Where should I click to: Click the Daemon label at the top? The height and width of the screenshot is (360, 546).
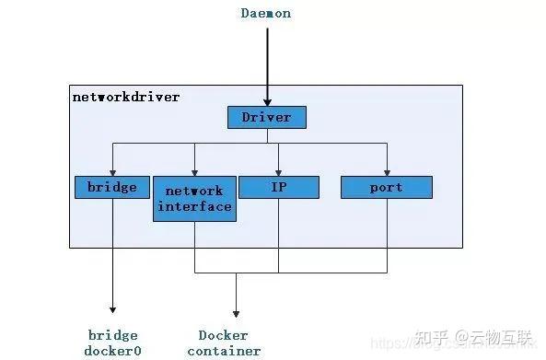[266, 14]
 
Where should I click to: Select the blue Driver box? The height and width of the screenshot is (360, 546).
[266, 117]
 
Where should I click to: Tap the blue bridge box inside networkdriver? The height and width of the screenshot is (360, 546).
[112, 187]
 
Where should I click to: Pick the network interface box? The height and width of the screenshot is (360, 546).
[193, 199]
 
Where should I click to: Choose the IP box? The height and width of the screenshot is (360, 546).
[279, 187]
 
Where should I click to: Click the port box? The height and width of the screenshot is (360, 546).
[387, 187]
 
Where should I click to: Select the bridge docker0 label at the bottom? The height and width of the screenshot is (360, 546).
[112, 343]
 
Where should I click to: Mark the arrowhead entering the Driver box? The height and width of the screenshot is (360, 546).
[267, 102]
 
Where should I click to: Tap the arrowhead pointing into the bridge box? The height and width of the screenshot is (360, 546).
[112, 172]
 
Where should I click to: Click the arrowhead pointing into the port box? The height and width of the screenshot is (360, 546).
[387, 172]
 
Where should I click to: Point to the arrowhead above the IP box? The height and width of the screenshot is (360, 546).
[279, 172]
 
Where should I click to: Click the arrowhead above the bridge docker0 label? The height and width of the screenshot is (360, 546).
[112, 309]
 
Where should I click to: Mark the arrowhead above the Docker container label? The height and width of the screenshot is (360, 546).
[236, 312]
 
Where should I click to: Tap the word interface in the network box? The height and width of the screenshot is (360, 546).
[194, 206]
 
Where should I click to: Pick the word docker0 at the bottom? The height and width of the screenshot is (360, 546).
[112, 350]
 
